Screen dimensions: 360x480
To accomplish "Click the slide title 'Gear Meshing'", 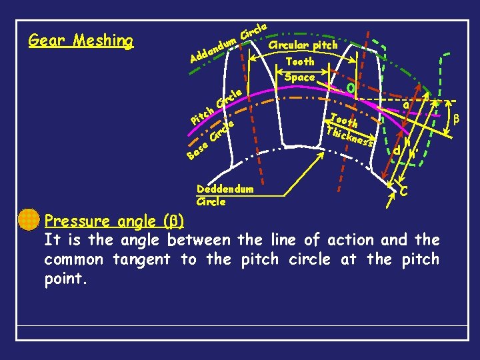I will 81,41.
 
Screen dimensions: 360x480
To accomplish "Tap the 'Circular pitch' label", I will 303,45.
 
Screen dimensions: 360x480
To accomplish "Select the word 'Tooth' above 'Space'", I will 299,61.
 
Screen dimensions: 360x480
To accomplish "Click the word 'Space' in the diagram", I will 299,77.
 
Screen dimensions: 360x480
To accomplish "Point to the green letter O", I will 351,87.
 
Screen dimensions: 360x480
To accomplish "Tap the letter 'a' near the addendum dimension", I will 406,105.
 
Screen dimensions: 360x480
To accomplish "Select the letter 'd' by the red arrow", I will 396,151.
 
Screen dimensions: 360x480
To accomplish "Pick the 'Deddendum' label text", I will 225,189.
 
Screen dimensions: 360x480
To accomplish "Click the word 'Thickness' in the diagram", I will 351,136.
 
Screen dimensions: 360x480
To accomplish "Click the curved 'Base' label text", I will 196,152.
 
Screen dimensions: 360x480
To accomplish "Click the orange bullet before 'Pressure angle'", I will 29,220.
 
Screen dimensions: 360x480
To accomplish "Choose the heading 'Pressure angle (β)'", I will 115,221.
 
